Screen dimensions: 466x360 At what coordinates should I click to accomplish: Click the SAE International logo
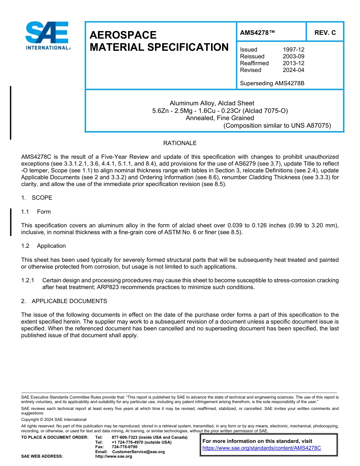(x=47, y=36)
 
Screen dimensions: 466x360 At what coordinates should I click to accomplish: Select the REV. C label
(x=325, y=33)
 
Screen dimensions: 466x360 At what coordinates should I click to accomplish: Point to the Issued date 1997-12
(x=293, y=50)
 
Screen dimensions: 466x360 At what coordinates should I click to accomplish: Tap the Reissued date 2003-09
(x=293, y=56)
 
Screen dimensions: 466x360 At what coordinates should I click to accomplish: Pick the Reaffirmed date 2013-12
(x=293, y=63)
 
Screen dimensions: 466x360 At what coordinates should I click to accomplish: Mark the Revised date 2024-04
(x=293, y=70)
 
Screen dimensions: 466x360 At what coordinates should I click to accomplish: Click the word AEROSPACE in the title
(x=123, y=35)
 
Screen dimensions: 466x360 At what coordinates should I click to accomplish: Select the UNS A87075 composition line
(x=277, y=125)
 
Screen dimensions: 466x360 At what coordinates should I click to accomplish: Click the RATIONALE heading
(x=180, y=143)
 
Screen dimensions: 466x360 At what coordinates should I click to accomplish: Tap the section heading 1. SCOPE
(x=37, y=198)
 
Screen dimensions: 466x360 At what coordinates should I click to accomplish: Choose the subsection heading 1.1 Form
(x=36, y=212)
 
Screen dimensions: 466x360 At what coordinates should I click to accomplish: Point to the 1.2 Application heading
(x=44, y=246)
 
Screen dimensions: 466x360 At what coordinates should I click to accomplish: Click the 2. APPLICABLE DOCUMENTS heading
(x=64, y=301)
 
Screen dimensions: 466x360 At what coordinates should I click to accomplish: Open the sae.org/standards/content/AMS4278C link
(x=261, y=448)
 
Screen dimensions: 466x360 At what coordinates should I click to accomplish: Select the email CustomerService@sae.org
(x=138, y=452)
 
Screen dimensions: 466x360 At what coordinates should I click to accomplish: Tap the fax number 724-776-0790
(x=125, y=447)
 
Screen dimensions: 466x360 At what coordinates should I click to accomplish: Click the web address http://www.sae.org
(x=114, y=457)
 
